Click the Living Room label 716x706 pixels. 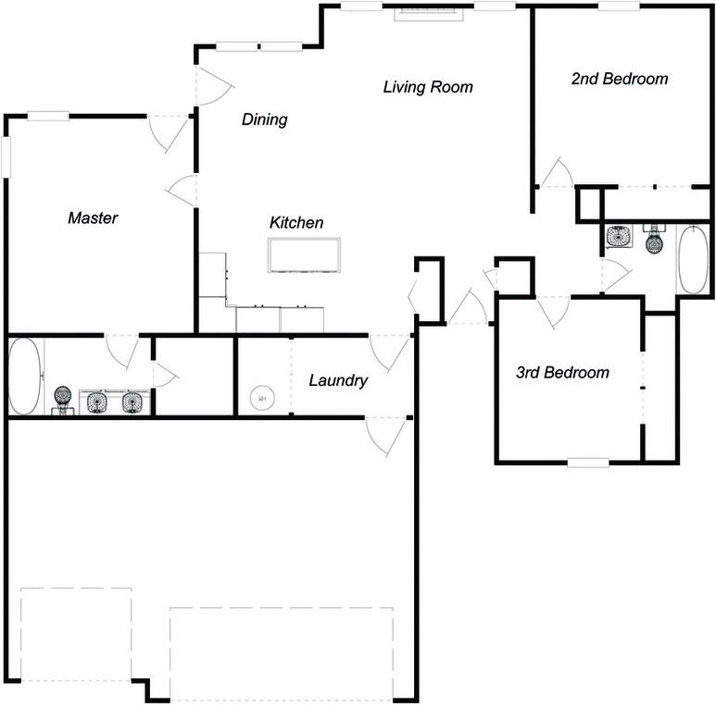coord(428,87)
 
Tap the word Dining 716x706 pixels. coord(264,119)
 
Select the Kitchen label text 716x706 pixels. coord(296,223)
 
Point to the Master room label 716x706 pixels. coord(93,218)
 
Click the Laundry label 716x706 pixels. coord(338,380)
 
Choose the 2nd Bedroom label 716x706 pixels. coord(620,79)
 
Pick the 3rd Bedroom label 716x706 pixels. coord(562,373)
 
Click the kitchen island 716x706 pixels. coord(304,255)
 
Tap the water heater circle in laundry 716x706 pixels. coord(262,399)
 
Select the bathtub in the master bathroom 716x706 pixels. coord(26,377)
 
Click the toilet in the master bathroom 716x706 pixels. coord(63,400)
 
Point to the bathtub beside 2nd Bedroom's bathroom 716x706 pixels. coord(693,259)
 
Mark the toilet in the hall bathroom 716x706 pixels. coord(654,240)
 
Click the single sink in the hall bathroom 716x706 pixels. coord(619,236)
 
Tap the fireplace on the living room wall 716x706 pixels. coord(429,15)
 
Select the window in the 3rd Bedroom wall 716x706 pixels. coord(588,463)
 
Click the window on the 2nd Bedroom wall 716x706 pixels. coord(619,6)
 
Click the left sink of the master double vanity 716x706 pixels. coord(97,402)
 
